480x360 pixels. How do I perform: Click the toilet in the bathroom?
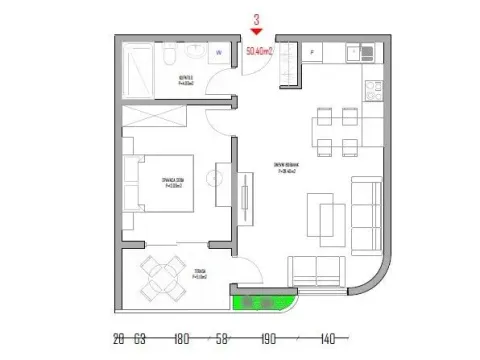pos(173,54)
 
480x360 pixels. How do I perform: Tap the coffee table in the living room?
pos(327,214)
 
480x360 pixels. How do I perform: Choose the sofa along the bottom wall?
pos(317,270)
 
